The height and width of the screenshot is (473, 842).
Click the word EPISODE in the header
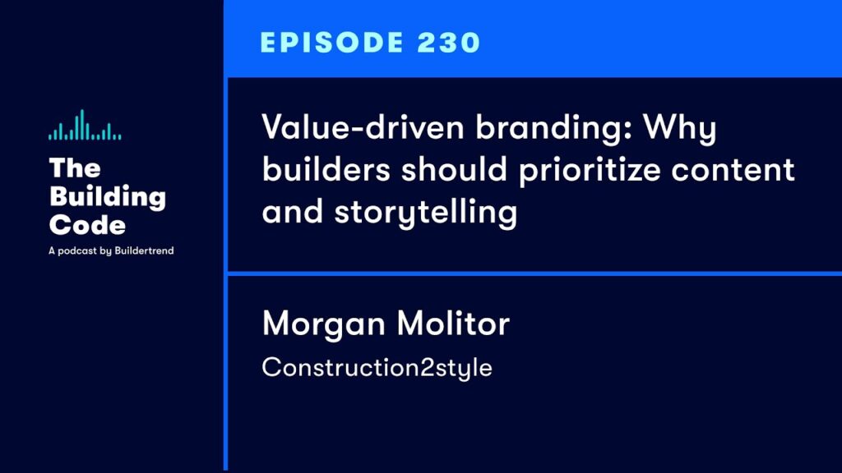point(332,43)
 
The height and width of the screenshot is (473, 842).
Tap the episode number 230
point(449,43)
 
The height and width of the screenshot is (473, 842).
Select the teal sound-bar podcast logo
point(85,125)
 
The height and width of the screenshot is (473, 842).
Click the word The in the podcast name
point(75,168)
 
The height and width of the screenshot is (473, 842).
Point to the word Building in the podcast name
point(108,197)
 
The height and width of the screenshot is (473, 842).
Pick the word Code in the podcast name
point(87,225)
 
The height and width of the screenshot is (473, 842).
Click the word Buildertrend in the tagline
point(144,250)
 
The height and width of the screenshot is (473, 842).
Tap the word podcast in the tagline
point(77,250)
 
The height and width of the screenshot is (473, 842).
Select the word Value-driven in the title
point(363,127)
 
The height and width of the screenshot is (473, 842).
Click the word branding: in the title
point(554,129)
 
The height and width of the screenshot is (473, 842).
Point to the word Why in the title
point(680,129)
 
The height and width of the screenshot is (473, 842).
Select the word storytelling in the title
point(426,213)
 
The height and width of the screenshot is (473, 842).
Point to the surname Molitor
point(453,324)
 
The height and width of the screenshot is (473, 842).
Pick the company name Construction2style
point(377,368)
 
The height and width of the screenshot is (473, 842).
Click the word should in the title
point(454,169)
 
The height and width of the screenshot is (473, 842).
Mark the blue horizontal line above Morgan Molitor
point(534,273)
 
